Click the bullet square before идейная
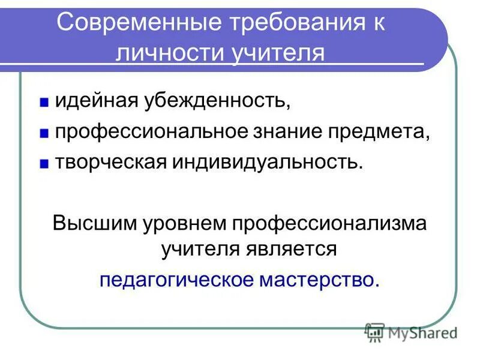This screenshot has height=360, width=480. (44, 102)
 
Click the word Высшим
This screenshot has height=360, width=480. (95, 223)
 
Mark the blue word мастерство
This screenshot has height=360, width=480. (318, 280)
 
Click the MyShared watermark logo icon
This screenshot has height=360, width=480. (374, 331)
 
